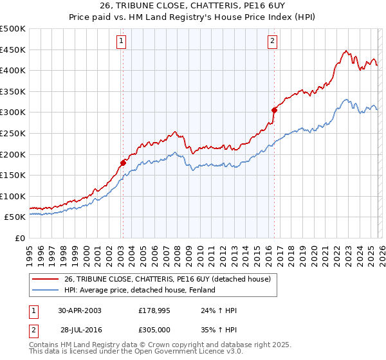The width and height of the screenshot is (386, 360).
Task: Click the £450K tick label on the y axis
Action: pyautogui.click(x=13, y=50)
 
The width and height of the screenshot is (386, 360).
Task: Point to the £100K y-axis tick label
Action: pyautogui.click(x=13, y=196)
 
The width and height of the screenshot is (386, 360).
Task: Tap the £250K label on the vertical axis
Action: pyautogui.click(x=13, y=133)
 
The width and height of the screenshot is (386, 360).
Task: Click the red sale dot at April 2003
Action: pyautogui.click(x=123, y=163)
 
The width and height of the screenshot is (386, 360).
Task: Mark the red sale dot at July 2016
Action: pyautogui.click(x=274, y=110)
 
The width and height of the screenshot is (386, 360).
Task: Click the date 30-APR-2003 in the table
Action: pyautogui.click(x=80, y=310)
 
